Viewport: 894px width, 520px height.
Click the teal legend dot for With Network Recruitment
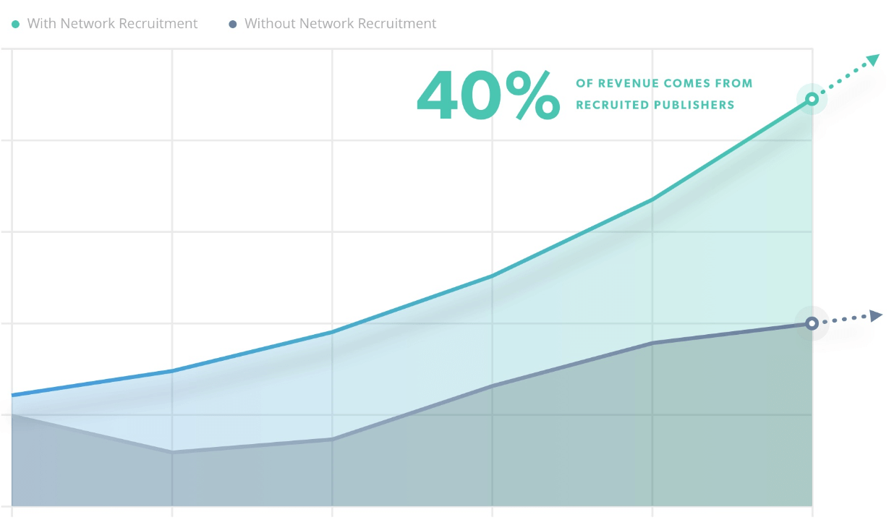click(x=16, y=25)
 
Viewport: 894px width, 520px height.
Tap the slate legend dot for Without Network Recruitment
click(x=233, y=25)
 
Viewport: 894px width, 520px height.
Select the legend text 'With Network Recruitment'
click(x=112, y=24)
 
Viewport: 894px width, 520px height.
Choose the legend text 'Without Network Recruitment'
click(x=340, y=24)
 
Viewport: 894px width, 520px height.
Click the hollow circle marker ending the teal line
click(x=812, y=99)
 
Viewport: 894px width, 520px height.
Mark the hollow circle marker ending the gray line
click(x=812, y=323)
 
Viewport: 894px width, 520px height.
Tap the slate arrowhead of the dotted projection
click(x=876, y=315)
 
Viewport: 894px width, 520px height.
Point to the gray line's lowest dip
click(x=172, y=452)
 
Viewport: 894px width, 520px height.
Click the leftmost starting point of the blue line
click(x=12, y=395)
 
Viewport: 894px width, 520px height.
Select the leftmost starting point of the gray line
click(x=12, y=414)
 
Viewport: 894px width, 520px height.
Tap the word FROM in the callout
click(x=737, y=84)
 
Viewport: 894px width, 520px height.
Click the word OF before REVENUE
click(x=584, y=84)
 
